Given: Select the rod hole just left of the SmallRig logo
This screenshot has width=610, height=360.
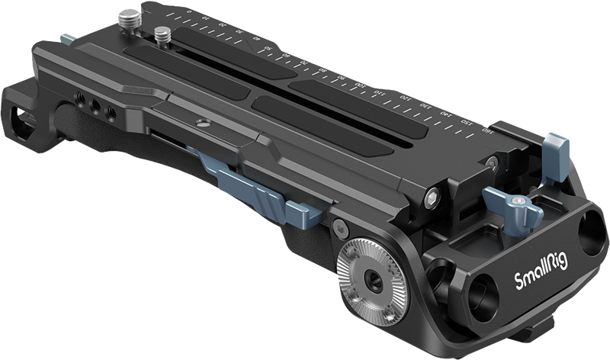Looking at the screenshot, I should (x=480, y=288).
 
